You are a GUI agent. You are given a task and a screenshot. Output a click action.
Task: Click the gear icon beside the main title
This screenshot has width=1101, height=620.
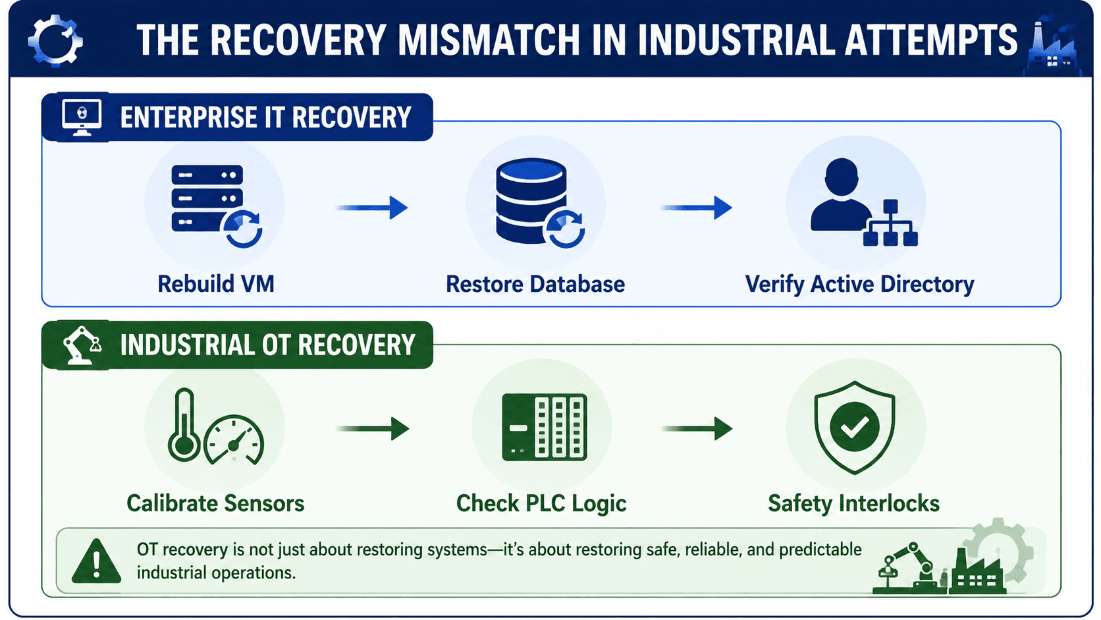pos(55,41)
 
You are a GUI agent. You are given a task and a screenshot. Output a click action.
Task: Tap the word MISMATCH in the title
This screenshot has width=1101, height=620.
pos(489,40)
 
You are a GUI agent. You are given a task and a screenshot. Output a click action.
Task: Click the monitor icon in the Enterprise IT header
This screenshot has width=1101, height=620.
pos(82,117)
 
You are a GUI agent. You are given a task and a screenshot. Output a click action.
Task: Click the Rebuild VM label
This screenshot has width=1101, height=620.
pos(216,284)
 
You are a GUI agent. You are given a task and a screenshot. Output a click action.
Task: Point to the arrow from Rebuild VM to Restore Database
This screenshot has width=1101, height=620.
pos(371,208)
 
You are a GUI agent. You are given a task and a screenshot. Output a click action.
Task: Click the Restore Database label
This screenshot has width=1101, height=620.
pos(535,284)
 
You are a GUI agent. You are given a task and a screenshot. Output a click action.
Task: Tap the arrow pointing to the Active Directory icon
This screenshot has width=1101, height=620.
pos(696,208)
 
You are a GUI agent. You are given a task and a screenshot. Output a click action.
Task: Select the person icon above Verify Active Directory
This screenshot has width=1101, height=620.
pos(842,195)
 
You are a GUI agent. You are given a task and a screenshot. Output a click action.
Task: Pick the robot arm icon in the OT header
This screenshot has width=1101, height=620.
pos(82,345)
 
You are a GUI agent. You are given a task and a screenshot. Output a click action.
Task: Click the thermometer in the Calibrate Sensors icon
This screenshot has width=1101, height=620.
pos(184,424)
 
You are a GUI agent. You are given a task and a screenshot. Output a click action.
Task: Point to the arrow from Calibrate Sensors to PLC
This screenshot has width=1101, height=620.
pos(373,429)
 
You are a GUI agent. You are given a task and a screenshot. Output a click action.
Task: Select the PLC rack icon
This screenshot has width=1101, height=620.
pos(544,427)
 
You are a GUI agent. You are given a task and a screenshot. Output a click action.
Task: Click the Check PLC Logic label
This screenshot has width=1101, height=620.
pos(541,503)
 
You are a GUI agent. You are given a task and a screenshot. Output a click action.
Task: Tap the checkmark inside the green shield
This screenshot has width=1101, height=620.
pos(854,426)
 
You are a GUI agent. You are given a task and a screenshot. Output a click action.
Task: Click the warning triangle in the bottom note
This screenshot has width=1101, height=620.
pos(96,561)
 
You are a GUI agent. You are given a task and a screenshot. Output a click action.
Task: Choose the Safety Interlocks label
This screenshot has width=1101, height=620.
pos(854,503)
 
